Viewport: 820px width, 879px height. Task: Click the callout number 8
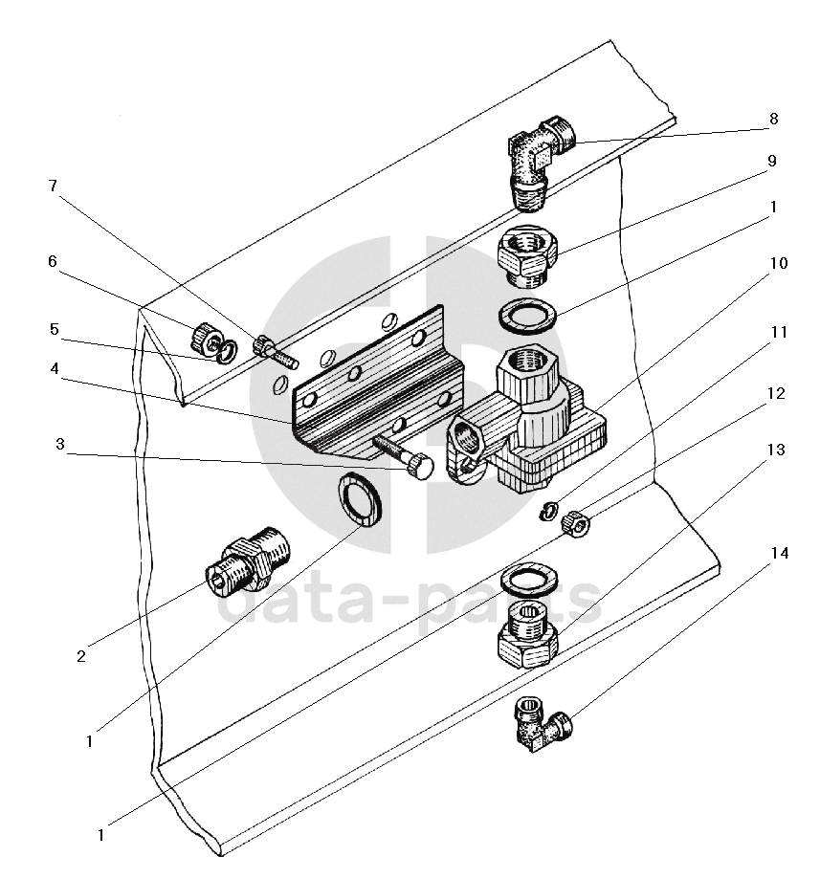(x=773, y=119)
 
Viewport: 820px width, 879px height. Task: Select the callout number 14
(x=780, y=553)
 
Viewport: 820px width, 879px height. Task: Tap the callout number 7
(x=53, y=186)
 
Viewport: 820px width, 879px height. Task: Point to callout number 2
(x=81, y=656)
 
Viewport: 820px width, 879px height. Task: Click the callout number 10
(x=779, y=263)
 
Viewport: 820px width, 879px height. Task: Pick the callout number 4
(x=55, y=368)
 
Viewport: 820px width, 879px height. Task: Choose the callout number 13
(x=776, y=450)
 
